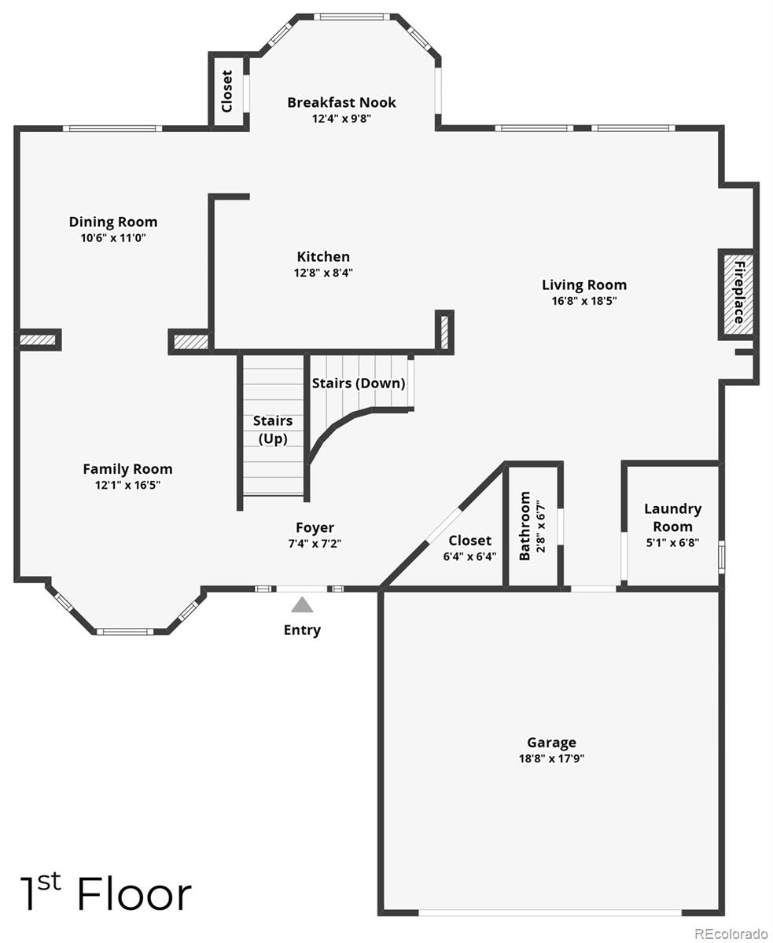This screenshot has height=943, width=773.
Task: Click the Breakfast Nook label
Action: tap(341, 102)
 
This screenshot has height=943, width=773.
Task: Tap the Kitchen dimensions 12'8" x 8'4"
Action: tap(323, 273)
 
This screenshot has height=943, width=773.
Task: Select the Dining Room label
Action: tap(113, 222)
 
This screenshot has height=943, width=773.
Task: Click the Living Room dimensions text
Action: tap(584, 301)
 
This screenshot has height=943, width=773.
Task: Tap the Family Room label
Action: tap(127, 469)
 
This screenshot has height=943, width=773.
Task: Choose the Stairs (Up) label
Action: tap(273, 429)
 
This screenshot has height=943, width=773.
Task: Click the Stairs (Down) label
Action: tap(359, 383)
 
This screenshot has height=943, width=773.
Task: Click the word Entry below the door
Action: tap(302, 630)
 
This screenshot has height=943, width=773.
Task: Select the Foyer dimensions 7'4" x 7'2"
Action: tap(315, 543)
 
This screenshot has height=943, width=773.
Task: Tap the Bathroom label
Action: tap(525, 527)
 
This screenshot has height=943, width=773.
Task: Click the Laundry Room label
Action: tap(672, 517)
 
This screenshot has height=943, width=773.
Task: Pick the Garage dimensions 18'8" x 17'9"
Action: tap(551, 758)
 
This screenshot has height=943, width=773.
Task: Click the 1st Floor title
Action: tap(105, 894)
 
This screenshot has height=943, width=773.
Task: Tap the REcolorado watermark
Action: tap(731, 934)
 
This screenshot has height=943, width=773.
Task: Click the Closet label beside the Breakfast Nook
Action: tap(227, 91)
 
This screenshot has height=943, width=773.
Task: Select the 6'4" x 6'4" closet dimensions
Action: tap(470, 556)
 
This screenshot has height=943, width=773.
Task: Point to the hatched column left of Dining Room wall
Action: tap(38, 339)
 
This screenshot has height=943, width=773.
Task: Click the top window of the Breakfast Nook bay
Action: tap(351, 16)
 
